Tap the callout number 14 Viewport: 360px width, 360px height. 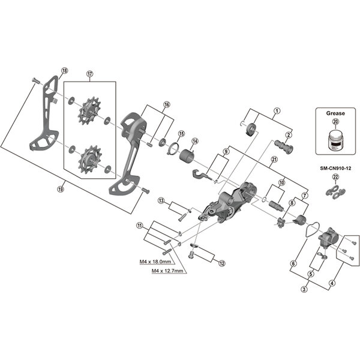(x=194, y=142)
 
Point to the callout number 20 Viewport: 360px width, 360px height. (x=335, y=121)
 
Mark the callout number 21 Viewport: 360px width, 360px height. (x=274, y=159)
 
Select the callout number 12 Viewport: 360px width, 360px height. (x=221, y=263)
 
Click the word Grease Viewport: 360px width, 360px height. (x=334, y=112)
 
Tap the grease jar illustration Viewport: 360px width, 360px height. (x=334, y=140)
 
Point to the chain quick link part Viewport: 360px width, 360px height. (x=334, y=190)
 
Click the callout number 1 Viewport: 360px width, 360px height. (x=277, y=110)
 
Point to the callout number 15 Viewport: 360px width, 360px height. (x=181, y=133)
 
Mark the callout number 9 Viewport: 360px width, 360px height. (x=226, y=151)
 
